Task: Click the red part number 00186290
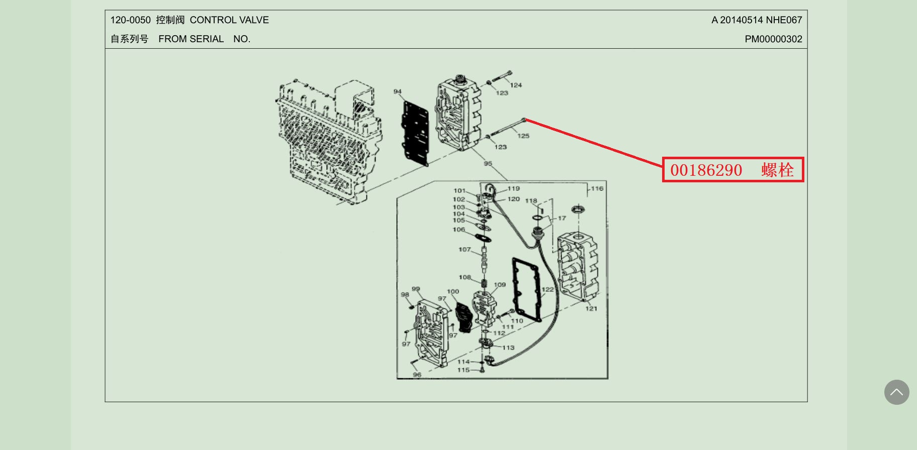coord(706,170)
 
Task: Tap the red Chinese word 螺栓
coord(777,170)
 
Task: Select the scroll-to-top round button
coord(896,392)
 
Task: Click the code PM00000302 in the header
coord(773,39)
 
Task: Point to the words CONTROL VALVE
coord(229,20)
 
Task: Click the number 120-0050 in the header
coord(130,20)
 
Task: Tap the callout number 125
coord(523,136)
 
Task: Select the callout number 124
coord(516,85)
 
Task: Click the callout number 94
coord(398,91)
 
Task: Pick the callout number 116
coord(597,188)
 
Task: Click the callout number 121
coord(591,308)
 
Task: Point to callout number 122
coord(547,289)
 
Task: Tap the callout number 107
coord(465,249)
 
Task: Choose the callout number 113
coord(508,348)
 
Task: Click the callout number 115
coord(464,370)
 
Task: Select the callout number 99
coord(416,289)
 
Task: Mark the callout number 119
coord(514,188)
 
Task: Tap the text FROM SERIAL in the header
coord(191,39)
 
